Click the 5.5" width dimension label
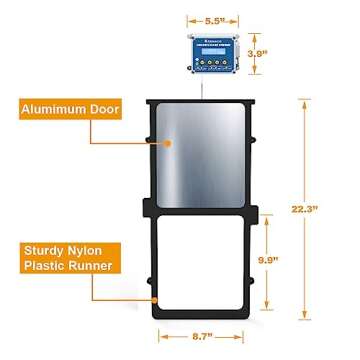click(x=204, y=19)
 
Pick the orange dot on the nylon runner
click(x=155, y=298)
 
